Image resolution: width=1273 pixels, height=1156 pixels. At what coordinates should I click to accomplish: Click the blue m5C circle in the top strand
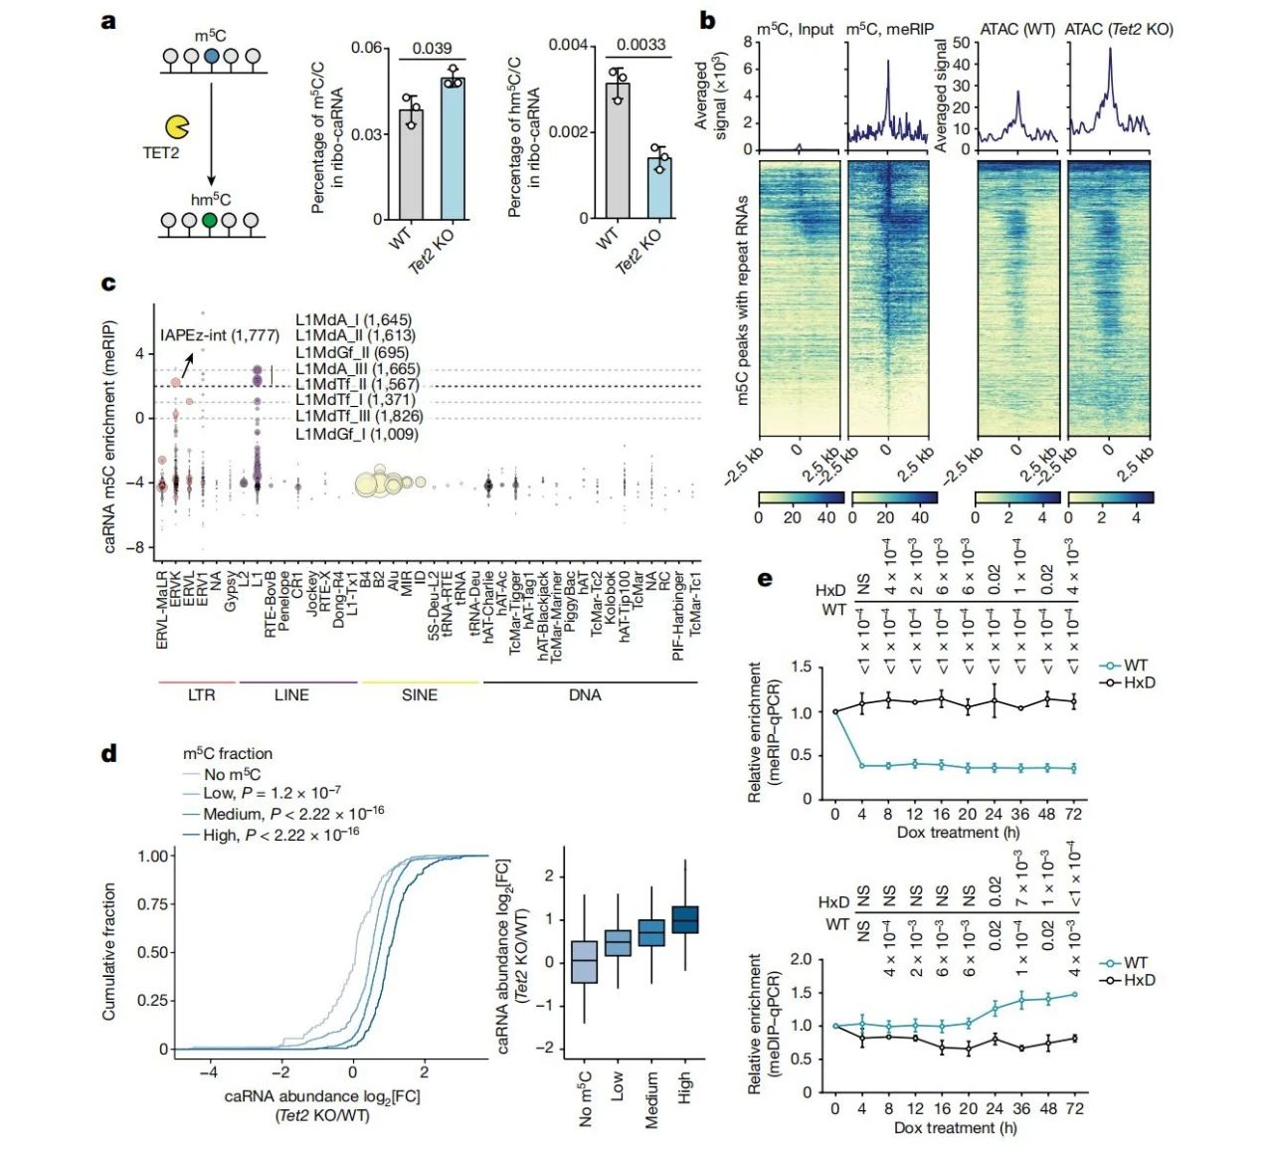[211, 58]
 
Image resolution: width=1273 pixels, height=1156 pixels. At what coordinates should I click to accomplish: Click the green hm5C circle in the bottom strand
[209, 221]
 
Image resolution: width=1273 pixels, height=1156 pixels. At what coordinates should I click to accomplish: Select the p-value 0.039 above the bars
[432, 48]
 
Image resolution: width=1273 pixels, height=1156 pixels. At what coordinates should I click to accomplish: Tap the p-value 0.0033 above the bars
[640, 45]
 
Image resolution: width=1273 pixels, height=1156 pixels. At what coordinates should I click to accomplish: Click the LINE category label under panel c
[291, 695]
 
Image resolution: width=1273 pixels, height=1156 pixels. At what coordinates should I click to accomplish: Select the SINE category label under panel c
[419, 695]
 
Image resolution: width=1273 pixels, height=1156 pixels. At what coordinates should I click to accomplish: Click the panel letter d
[109, 753]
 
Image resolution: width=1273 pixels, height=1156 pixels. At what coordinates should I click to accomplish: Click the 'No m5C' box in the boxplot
[585, 961]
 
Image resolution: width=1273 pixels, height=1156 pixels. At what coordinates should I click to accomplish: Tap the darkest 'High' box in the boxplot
[685, 919]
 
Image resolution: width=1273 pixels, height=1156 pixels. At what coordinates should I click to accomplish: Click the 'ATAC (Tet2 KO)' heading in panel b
[1119, 29]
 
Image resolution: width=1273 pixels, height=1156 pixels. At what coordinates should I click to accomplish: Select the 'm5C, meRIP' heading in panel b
[889, 29]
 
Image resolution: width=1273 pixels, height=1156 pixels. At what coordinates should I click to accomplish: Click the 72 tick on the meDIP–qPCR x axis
[1074, 1108]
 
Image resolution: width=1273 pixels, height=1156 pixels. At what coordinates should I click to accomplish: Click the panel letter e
[765, 578]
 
